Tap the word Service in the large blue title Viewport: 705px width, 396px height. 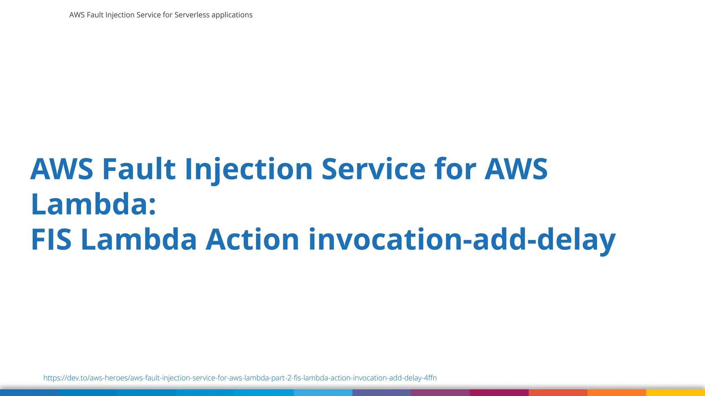click(x=373, y=169)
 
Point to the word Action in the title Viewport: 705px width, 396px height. click(x=252, y=240)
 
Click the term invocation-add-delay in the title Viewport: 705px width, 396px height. click(x=462, y=240)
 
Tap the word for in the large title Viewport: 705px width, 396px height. click(x=455, y=169)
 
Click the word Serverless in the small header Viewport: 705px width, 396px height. click(x=192, y=15)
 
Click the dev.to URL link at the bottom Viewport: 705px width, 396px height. click(x=240, y=378)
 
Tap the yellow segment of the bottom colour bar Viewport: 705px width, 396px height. click(x=675, y=393)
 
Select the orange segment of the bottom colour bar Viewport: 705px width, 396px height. click(x=617, y=393)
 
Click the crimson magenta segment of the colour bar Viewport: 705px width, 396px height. click(x=499, y=393)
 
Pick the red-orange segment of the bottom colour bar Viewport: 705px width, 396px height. click(x=558, y=393)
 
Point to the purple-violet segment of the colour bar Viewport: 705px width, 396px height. click(x=440, y=393)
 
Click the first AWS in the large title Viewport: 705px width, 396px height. click(x=62, y=169)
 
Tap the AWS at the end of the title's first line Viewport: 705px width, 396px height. click(x=516, y=169)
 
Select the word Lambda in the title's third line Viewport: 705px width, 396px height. click(x=139, y=240)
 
